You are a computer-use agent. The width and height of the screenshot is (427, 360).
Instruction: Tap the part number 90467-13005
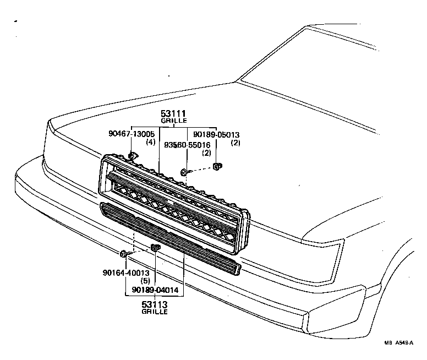click(x=132, y=134)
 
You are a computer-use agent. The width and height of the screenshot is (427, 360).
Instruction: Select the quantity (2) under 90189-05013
click(x=236, y=143)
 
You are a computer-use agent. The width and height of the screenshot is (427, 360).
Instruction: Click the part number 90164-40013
click(x=125, y=272)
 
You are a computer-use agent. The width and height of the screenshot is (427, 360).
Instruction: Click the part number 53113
click(x=155, y=304)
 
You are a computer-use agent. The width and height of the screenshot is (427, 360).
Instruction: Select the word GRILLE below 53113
click(x=155, y=312)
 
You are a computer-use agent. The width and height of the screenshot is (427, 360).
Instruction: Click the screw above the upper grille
click(x=184, y=173)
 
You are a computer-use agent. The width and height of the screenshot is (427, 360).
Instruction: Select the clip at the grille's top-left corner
click(x=133, y=156)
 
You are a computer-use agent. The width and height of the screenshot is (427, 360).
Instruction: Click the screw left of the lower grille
click(x=123, y=254)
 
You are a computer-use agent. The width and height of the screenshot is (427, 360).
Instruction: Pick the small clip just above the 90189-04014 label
click(x=155, y=248)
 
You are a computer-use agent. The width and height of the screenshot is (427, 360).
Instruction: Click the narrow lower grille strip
click(x=171, y=237)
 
